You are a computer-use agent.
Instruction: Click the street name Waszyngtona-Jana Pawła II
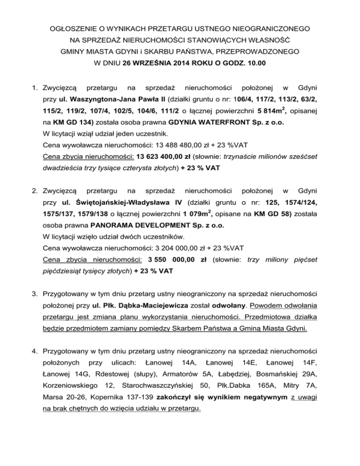pyautogui.click(x=106, y=100)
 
